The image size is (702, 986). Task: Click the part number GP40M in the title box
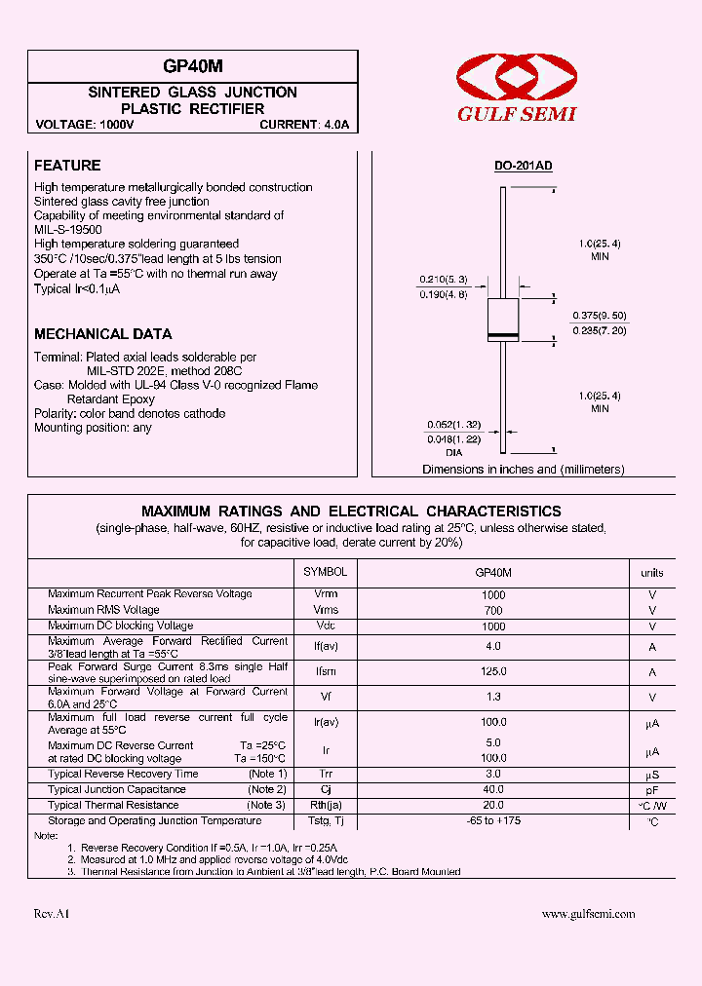[193, 66]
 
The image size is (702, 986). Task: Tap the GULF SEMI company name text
[517, 114]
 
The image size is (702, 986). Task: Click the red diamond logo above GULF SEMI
[517, 78]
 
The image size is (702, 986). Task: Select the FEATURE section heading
[67, 166]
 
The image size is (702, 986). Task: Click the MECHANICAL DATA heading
[103, 334]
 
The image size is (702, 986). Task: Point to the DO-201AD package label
[523, 166]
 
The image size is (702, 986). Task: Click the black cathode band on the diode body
[502, 336]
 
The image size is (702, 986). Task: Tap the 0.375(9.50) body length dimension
[600, 316]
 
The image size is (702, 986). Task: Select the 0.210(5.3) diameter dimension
[445, 280]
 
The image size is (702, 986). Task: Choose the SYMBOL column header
[325, 572]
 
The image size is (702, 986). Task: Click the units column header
[652, 573]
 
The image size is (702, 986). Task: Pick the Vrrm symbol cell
[326, 594]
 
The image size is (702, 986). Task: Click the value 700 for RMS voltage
[493, 610]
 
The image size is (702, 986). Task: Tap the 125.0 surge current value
[493, 671]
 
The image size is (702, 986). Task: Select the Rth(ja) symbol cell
[326, 805]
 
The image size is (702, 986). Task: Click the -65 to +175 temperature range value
[493, 820]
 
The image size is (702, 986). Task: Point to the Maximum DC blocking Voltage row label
[120, 626]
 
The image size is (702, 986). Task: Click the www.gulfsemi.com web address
[588, 914]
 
